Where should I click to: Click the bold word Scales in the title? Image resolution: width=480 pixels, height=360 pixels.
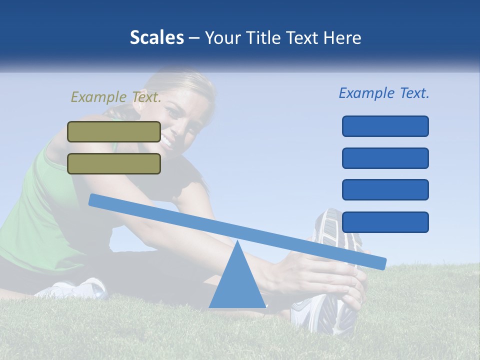coord(156,38)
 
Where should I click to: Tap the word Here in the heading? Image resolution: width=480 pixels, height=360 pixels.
coord(343,38)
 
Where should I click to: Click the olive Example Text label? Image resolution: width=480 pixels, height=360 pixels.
coord(116,97)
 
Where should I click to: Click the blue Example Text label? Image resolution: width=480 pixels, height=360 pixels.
coord(384,93)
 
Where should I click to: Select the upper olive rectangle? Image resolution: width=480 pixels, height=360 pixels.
coord(114,131)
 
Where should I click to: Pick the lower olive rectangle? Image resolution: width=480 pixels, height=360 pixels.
coord(114,163)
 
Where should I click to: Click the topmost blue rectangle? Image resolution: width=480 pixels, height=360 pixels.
coord(385,126)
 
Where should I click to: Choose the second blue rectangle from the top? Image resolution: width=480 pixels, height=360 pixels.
coord(385,158)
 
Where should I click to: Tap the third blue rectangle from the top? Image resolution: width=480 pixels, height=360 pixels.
coord(385,189)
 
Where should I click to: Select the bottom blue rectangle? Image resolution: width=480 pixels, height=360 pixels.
coord(385,222)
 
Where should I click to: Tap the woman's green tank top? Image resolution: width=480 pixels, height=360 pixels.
coord(40,210)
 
